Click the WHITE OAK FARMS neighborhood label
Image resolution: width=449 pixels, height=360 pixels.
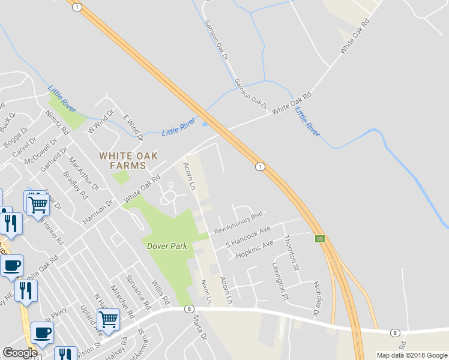(x=128, y=160)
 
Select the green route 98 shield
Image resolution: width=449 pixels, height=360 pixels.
(x=319, y=239)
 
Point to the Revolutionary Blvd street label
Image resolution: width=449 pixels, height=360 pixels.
(x=239, y=222)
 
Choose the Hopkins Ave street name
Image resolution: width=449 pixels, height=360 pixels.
(x=255, y=248)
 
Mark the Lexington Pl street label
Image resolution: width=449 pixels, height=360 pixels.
(x=280, y=281)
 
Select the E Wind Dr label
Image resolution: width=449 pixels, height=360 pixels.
(x=133, y=128)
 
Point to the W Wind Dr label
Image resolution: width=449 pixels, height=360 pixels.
(x=100, y=122)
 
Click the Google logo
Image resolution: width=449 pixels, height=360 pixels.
(x=19, y=353)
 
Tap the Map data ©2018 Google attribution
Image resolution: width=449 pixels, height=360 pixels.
(x=411, y=355)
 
